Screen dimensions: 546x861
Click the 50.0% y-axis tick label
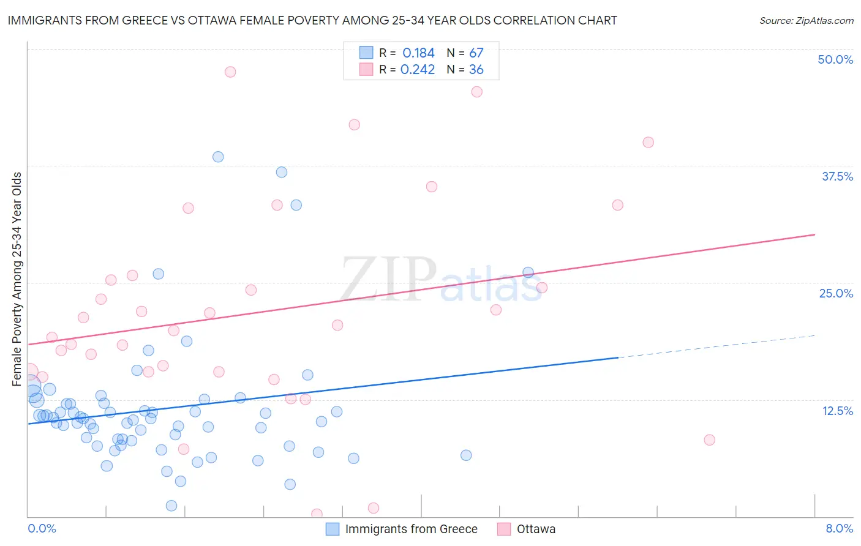click(x=835, y=59)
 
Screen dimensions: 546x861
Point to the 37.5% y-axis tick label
click(x=837, y=176)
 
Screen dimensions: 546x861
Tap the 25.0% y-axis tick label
click(x=836, y=293)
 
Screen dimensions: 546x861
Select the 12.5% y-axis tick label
click(x=837, y=411)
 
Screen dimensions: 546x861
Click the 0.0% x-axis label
click(x=42, y=528)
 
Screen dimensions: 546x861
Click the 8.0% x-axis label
click(x=839, y=528)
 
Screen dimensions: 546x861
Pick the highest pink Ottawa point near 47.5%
click(x=230, y=72)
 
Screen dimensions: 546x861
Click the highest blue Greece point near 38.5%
click(x=218, y=157)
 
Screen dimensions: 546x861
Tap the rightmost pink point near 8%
click(x=709, y=439)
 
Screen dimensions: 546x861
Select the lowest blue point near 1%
click(x=171, y=506)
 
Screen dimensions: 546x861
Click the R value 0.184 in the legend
click(x=418, y=53)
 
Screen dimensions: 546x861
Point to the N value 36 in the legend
click(x=476, y=70)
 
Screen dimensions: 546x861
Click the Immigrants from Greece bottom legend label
click(x=411, y=529)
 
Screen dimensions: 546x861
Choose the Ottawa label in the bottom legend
click(x=536, y=529)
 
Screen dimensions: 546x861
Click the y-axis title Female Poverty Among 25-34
click(x=17, y=279)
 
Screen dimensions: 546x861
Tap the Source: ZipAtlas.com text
click(x=806, y=21)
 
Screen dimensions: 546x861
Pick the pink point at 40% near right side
click(x=648, y=142)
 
